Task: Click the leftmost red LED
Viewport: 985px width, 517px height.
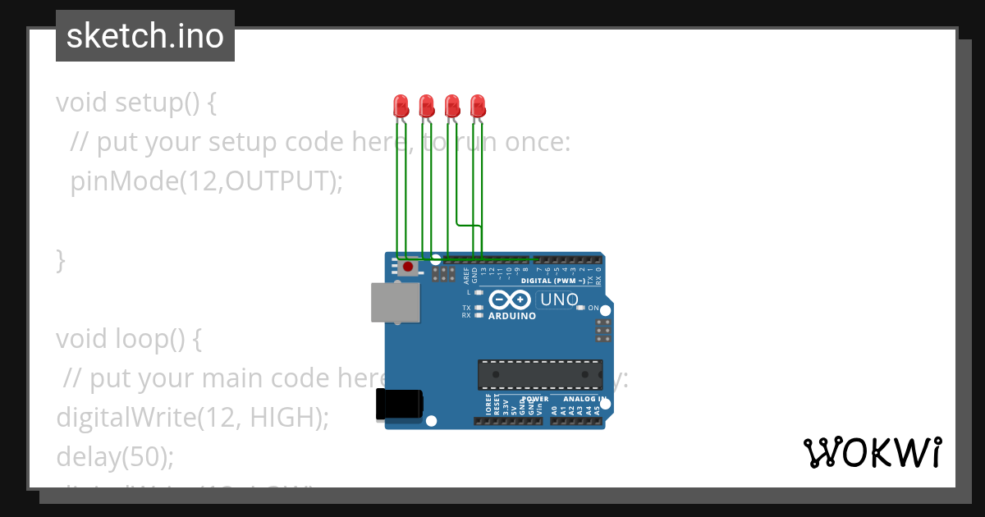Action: (401, 105)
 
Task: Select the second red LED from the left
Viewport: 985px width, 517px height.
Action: (426, 105)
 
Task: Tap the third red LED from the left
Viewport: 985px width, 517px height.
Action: (451, 105)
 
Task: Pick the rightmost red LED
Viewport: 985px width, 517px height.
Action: (478, 105)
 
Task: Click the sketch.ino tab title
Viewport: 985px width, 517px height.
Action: (145, 36)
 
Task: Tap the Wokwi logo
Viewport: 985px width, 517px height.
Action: (872, 452)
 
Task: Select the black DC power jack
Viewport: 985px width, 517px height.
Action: (398, 405)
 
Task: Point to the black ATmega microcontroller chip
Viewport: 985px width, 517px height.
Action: (540, 374)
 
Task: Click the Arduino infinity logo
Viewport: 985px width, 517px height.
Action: (511, 300)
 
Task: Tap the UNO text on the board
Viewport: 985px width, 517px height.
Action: (559, 300)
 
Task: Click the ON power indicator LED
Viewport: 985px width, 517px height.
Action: (580, 308)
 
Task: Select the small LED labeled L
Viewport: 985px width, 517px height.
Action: (479, 292)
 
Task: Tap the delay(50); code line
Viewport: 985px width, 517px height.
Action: (115, 456)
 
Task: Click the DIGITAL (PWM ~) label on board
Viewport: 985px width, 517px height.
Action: (552, 281)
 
